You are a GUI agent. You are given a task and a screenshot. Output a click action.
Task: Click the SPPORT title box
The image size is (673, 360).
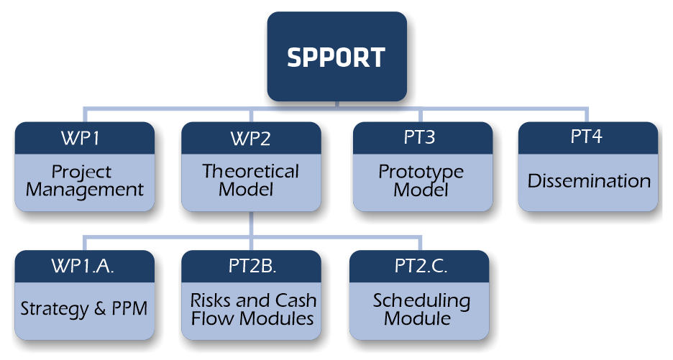(337, 56)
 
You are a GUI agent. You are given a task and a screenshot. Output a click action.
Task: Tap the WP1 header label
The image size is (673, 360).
(81, 138)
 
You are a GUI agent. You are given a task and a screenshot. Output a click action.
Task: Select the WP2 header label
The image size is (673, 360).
(251, 139)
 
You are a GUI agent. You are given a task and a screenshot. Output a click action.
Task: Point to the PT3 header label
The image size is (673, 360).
(419, 137)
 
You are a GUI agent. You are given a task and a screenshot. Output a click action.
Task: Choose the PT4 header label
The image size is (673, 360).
(586, 137)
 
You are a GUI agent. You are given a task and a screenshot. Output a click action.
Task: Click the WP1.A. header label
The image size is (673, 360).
(83, 266)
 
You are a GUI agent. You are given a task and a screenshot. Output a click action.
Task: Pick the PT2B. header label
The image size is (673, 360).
(252, 266)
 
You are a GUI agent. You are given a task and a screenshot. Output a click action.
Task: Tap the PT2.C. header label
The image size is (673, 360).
(421, 266)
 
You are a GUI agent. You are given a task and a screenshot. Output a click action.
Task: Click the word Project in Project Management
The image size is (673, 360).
(81, 172)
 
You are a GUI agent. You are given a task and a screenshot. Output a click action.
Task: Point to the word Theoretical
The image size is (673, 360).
(251, 171)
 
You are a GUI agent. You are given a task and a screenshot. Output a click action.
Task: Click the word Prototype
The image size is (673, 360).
(421, 172)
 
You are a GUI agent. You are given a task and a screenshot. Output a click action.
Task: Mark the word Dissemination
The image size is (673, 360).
(589, 181)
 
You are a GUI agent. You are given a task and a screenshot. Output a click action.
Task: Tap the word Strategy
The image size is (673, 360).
(54, 309)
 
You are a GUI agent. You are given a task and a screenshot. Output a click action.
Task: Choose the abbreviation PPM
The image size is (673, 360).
(129, 308)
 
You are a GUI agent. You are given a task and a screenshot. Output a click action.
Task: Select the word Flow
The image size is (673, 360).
(213, 318)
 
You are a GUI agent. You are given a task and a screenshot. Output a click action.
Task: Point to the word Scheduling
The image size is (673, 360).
(421, 301)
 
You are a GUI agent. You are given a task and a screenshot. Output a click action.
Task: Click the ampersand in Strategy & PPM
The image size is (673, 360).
(99, 308)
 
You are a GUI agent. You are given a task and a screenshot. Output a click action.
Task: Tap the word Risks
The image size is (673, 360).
(210, 300)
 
